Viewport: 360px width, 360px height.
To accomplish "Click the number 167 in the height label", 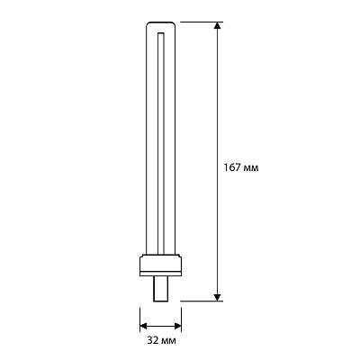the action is click(x=232, y=167).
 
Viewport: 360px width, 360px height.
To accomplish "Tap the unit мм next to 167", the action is click(x=251, y=168).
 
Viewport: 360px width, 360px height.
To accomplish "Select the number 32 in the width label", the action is click(x=153, y=340).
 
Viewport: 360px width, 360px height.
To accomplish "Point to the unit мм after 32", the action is click(x=169, y=342).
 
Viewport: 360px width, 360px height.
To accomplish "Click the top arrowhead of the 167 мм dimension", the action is click(x=218, y=25).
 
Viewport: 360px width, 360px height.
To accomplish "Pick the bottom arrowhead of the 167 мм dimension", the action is click(x=218, y=297).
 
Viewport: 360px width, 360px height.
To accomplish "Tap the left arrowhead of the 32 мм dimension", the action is click(x=144, y=326).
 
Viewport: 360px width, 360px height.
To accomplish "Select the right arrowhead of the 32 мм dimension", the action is click(x=177, y=326).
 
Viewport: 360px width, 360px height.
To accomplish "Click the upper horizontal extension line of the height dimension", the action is click(x=202, y=22).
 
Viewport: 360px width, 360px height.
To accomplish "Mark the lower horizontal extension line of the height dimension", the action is click(x=202, y=301).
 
